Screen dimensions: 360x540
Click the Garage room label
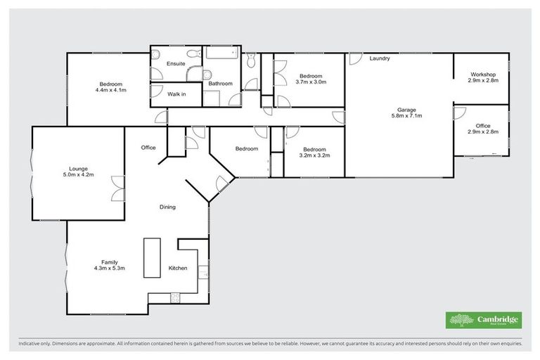pyautogui.click(x=406, y=110)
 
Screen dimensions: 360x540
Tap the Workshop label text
pyautogui.click(x=484, y=75)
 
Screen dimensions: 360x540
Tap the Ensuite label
pyautogui.click(x=176, y=64)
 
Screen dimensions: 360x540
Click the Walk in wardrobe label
pyautogui.click(x=176, y=94)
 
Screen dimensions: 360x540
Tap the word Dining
pyautogui.click(x=167, y=207)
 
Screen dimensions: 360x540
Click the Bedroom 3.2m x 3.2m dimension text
pyautogui.click(x=314, y=155)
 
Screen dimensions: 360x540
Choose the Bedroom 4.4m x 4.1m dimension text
pyautogui.click(x=110, y=89)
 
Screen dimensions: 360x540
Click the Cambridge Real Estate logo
pyautogui.click(x=484, y=319)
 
